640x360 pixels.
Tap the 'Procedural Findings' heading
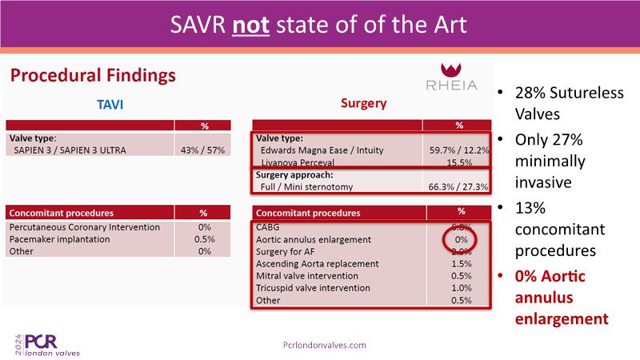[93, 77]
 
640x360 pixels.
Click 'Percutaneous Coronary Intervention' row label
[84, 227]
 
